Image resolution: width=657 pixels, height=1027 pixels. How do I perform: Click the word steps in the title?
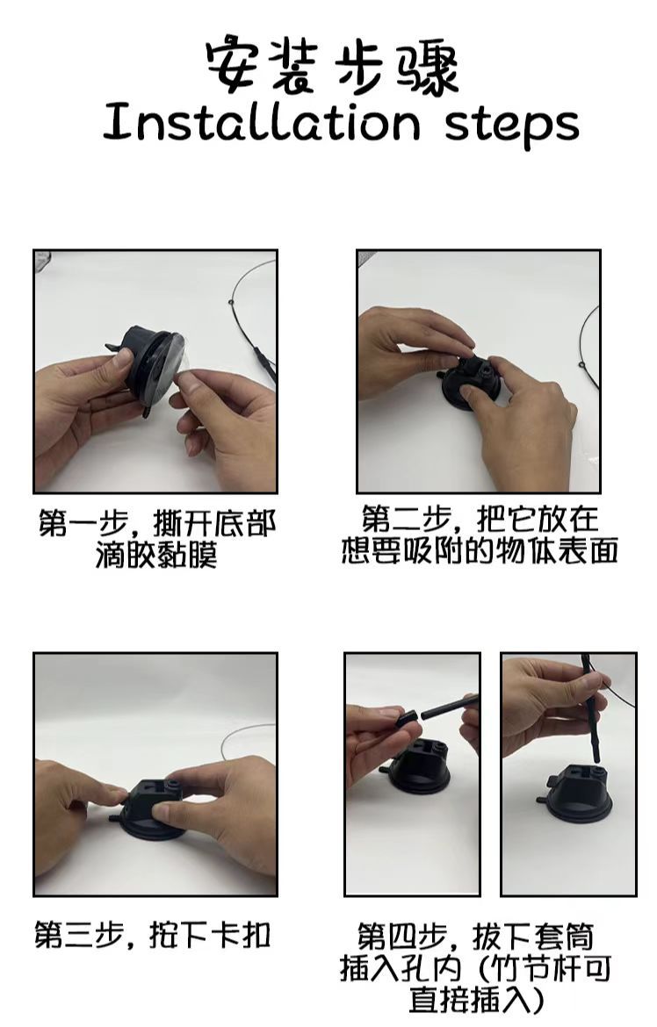[x=511, y=126]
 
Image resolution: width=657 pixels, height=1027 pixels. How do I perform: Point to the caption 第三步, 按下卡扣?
[x=153, y=934]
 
